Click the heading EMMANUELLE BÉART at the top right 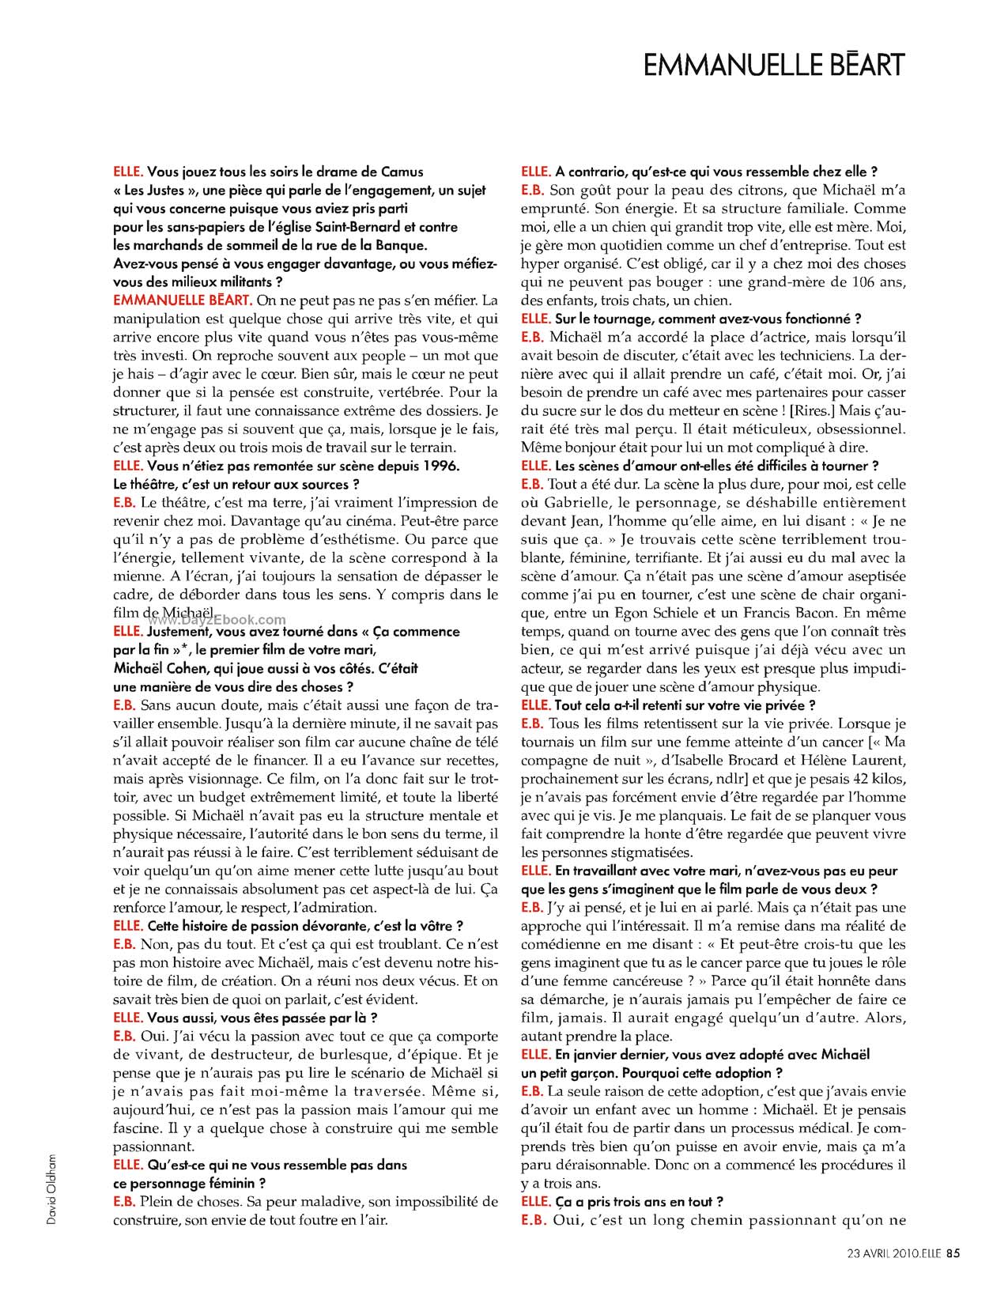point(773,65)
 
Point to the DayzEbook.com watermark point(214,621)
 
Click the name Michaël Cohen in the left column point(157,668)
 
